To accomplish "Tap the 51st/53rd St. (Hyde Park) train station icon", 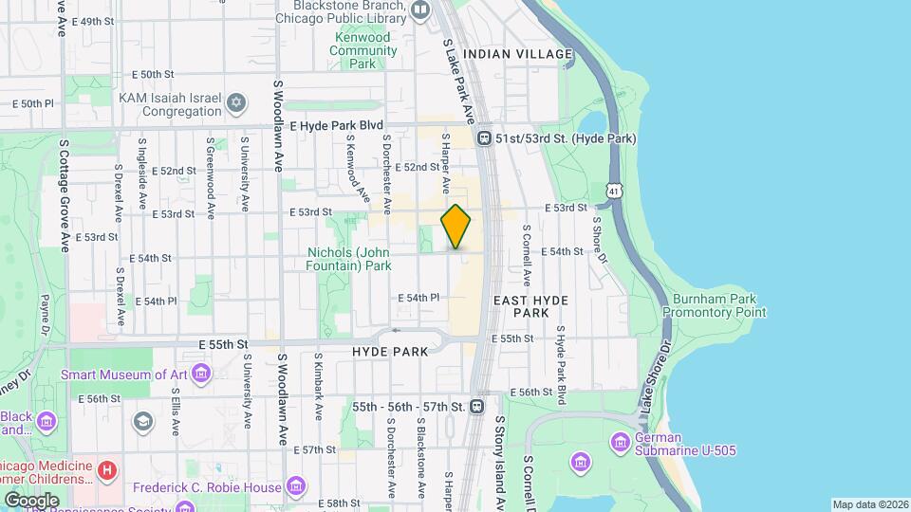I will (484, 138).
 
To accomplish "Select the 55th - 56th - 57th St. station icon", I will (476, 406).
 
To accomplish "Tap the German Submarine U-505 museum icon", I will (621, 442).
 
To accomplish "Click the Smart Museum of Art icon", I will (200, 375).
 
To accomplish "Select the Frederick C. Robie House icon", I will (296, 487).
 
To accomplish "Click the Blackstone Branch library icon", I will (420, 11).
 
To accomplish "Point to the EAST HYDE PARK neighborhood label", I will (530, 305).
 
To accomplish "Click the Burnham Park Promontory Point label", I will (715, 304).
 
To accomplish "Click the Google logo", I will (31, 499).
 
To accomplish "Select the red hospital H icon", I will (108, 469).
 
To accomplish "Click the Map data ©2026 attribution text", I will (869, 504).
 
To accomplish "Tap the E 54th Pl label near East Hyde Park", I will (418, 297).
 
